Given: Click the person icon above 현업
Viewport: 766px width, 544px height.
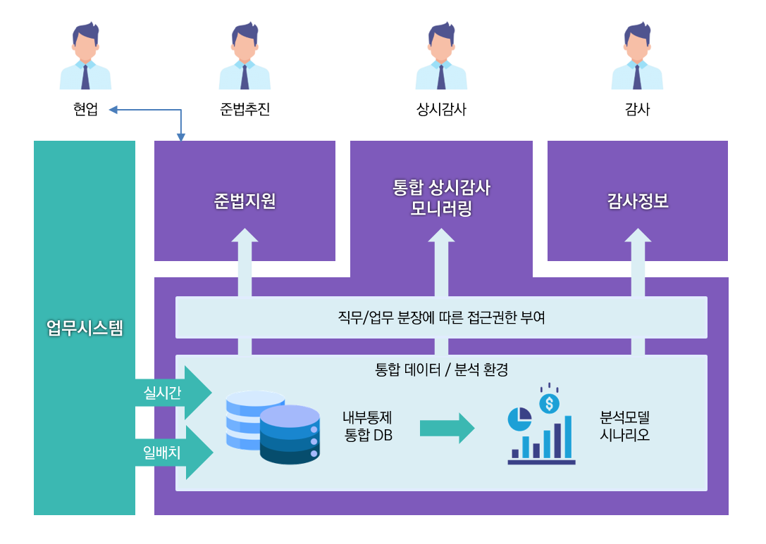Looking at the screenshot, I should [x=85, y=56].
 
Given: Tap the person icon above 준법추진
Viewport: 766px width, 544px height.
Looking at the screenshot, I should [x=245, y=56].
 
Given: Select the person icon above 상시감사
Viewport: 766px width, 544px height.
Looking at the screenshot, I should [x=441, y=56].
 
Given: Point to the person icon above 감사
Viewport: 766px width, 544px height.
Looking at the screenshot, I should [x=637, y=56].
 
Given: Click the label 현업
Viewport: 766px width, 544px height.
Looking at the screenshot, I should [x=85, y=110].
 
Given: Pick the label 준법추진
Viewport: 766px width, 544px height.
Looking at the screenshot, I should [x=245, y=110].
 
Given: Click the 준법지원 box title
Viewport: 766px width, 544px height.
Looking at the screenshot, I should [x=245, y=201].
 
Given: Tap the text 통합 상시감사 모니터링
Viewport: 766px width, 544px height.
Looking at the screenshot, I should [x=441, y=198].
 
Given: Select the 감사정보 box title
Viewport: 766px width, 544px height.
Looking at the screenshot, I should [x=638, y=201].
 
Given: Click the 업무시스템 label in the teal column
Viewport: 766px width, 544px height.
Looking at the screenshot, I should [x=85, y=328].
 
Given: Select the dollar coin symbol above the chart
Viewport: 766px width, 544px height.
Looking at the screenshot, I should [x=549, y=403].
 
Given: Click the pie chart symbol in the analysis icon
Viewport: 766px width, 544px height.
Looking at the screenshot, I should [x=520, y=419].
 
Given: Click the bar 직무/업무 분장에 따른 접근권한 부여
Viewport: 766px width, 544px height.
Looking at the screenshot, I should [x=441, y=317].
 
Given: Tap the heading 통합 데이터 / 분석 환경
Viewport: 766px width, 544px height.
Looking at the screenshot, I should [x=441, y=369].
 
